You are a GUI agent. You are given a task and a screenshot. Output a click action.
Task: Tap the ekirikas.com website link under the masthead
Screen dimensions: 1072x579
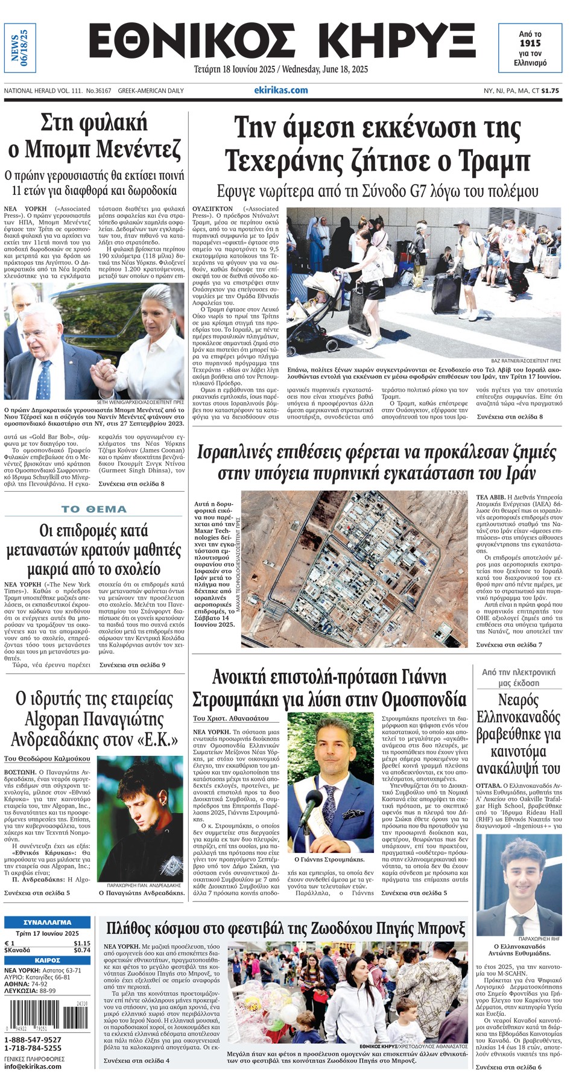click(280, 90)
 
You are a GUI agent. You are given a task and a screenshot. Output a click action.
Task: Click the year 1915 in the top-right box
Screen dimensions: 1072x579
click(530, 43)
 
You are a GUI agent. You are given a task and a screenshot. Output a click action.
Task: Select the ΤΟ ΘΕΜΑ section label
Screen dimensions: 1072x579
click(94, 509)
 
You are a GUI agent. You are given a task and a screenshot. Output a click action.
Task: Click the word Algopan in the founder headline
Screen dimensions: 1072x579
click(63, 718)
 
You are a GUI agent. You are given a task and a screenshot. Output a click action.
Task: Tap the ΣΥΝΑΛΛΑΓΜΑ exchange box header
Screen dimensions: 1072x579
click(47, 922)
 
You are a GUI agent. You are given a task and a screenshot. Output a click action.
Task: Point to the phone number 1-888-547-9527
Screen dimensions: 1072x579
click(33, 1039)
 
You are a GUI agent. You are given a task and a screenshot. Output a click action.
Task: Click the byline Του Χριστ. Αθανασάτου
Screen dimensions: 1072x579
click(231, 718)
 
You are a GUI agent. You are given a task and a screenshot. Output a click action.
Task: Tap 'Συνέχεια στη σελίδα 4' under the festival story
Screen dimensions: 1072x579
click(136, 1060)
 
